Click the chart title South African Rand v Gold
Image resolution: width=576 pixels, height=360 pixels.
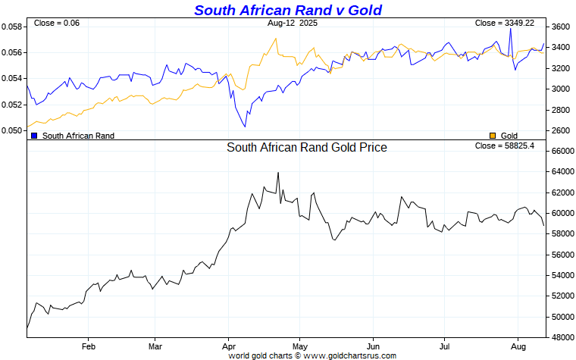(x=287, y=10)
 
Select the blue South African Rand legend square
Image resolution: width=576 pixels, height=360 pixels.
(x=34, y=136)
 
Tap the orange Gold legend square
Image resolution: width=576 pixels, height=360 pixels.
(x=493, y=136)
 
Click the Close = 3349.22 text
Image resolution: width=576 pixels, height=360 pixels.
(x=504, y=23)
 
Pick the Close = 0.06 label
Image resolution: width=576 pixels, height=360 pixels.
(x=57, y=23)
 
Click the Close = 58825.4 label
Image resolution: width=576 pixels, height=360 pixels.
(x=504, y=146)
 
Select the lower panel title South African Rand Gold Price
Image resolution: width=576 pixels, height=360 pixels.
(x=307, y=148)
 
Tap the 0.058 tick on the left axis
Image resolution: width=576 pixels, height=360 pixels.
(x=12, y=27)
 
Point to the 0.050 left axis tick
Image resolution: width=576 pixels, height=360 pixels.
(x=12, y=130)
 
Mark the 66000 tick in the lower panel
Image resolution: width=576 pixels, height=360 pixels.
(x=562, y=152)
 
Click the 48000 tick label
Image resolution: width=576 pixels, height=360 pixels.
(x=562, y=337)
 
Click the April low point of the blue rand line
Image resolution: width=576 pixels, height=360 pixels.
(x=245, y=127)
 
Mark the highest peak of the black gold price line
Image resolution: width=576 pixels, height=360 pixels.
(x=278, y=173)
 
